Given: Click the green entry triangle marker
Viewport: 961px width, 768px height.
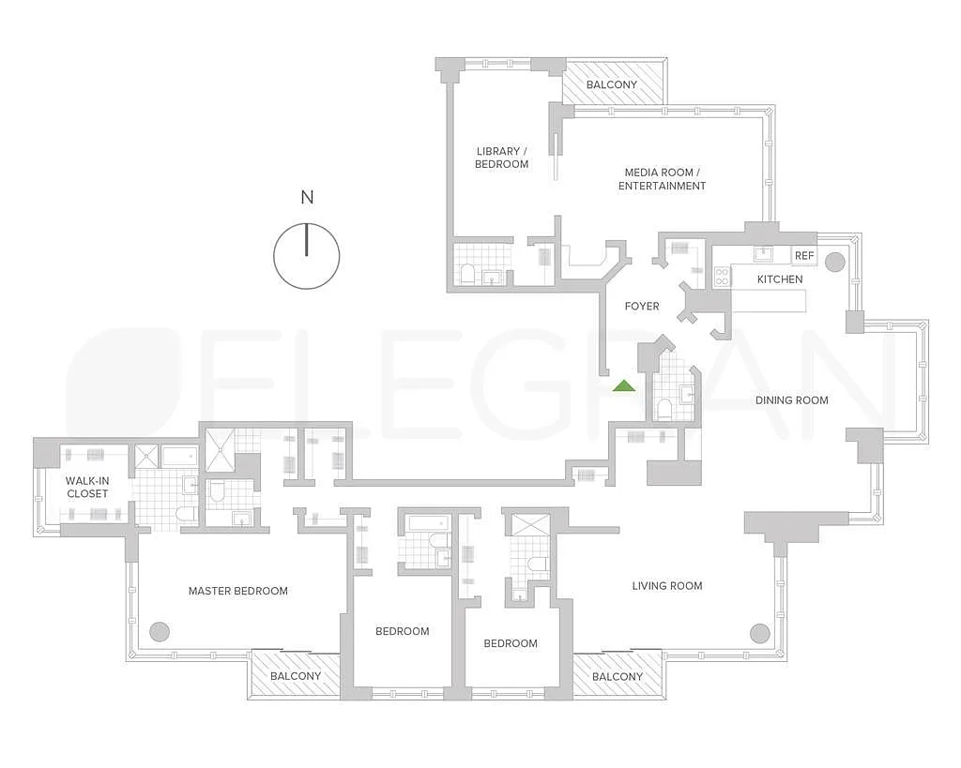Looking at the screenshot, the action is click(x=624, y=386).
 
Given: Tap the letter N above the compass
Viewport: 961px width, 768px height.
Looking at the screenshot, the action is click(x=307, y=197).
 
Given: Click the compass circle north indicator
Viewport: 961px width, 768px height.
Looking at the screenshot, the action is click(x=307, y=256).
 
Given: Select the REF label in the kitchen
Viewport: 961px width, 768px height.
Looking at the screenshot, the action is click(x=804, y=255).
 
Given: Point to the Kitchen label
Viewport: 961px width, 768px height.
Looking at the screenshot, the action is click(x=780, y=279).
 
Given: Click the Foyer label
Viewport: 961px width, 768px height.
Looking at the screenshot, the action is click(x=642, y=307).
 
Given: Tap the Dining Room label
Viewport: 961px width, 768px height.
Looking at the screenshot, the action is click(x=791, y=400).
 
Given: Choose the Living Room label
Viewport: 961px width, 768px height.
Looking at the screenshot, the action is click(x=667, y=586).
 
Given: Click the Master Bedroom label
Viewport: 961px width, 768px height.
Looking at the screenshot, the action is click(x=237, y=591).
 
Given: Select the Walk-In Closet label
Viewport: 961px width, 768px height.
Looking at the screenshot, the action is click(x=87, y=488).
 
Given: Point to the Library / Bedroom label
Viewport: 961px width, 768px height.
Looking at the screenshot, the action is click(x=501, y=158).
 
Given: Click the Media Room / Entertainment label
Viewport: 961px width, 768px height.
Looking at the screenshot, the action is click(x=662, y=179).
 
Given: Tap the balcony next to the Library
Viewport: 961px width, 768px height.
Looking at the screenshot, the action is click(x=615, y=83).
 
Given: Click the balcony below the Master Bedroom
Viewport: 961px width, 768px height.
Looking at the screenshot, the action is click(x=296, y=674).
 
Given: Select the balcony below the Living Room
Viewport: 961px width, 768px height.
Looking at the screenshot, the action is click(x=618, y=675).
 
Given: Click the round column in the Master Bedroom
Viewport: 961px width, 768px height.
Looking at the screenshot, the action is click(x=160, y=631).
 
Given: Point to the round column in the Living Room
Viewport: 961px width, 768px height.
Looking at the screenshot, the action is click(x=759, y=633).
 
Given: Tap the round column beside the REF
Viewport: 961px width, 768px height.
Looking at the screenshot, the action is click(x=834, y=263).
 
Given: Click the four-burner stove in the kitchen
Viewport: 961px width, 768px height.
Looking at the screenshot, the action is click(x=722, y=277).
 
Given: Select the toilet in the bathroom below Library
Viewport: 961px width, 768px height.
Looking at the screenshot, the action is click(x=467, y=274).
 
